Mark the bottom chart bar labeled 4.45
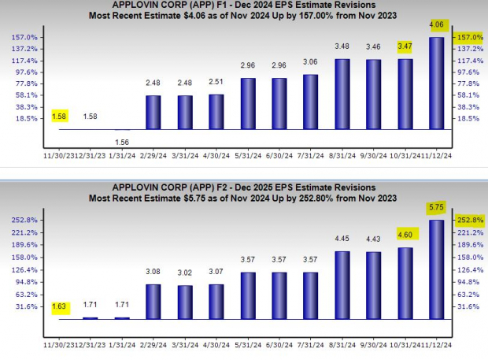coord(343,284)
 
